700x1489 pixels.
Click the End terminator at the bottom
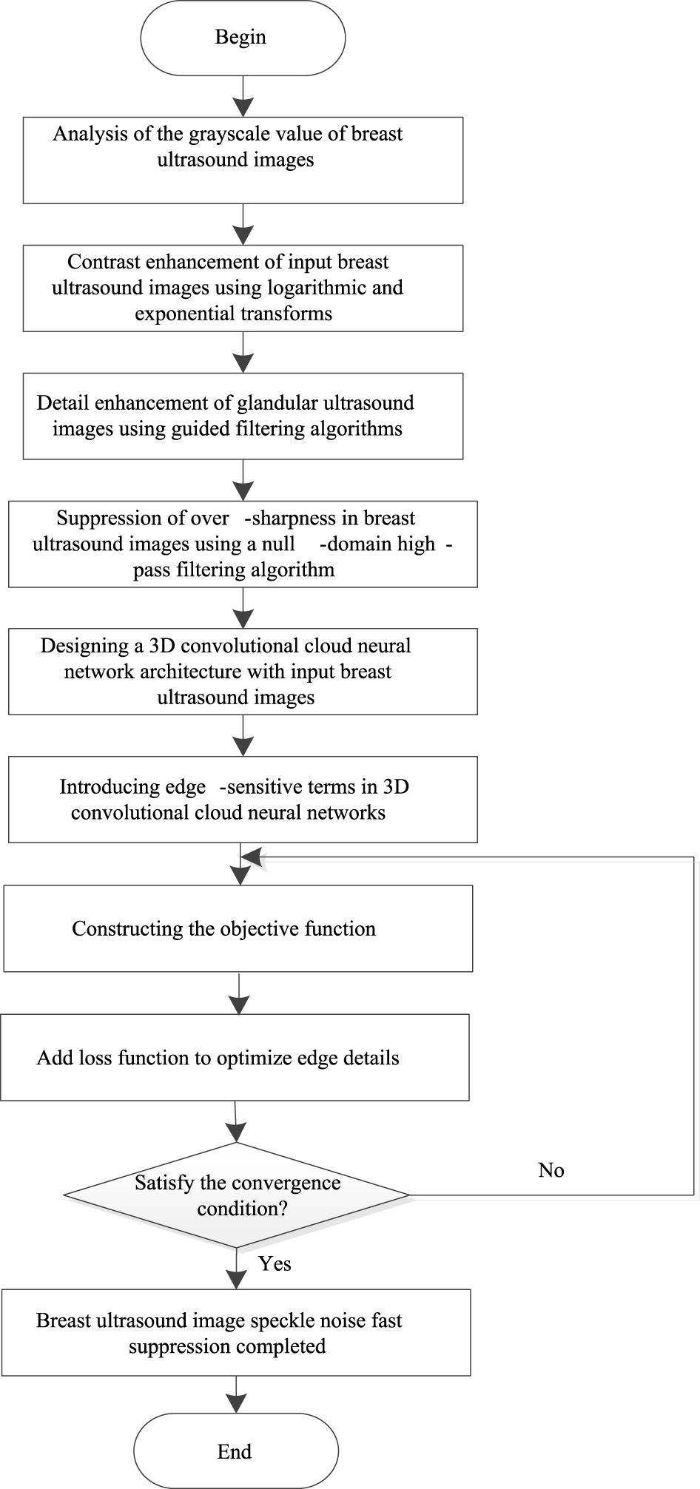(235, 1451)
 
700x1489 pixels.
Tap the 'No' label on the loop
(551, 1169)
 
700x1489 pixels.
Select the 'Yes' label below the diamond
(275, 1263)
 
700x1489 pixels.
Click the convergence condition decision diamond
(237, 1195)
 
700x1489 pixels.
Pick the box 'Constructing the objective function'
(238, 929)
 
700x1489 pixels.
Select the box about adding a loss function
(235, 1057)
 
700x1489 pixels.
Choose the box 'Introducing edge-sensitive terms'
(243, 799)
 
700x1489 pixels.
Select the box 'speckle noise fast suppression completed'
(236, 1333)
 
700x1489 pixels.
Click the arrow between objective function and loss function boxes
(239, 994)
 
